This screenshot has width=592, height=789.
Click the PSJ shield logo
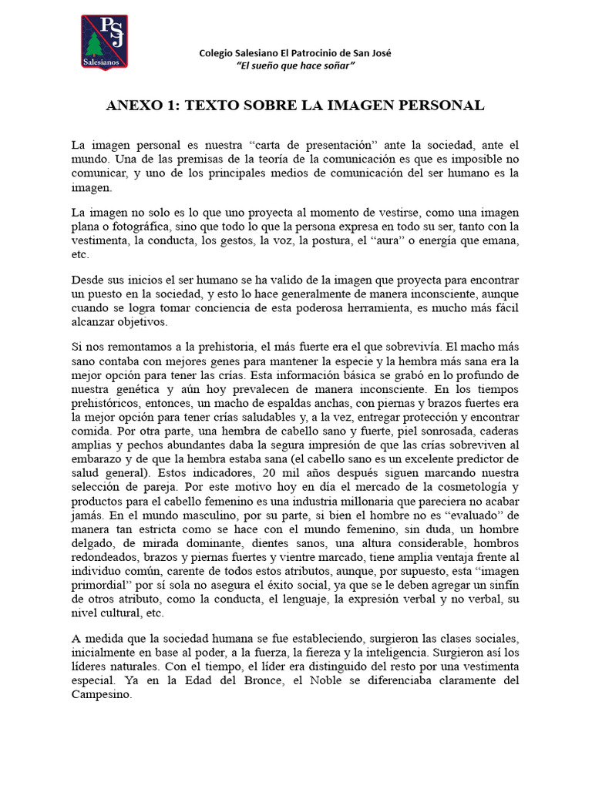coord(105,42)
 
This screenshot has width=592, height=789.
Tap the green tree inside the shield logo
coord(96,47)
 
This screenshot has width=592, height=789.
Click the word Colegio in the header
coord(217,53)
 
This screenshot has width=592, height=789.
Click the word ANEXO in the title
coord(134,106)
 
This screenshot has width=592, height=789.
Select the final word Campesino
coord(101,694)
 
